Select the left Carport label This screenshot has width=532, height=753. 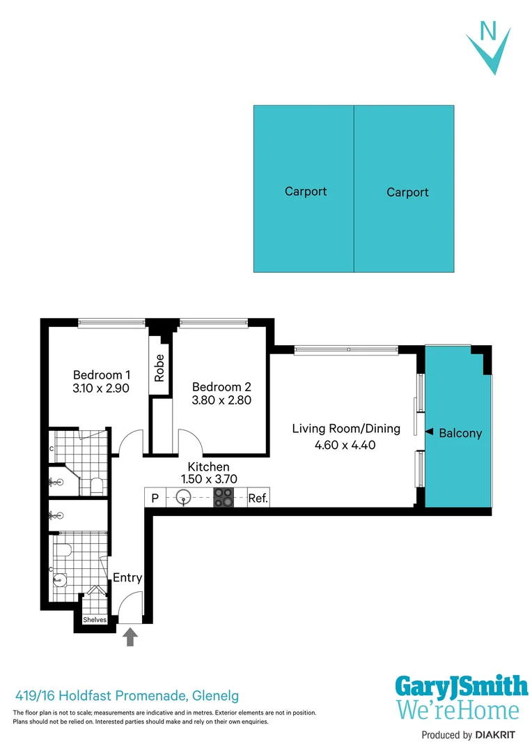click(x=306, y=191)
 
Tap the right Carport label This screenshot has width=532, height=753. click(x=407, y=192)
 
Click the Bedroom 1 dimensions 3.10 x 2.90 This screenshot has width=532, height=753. click(x=102, y=388)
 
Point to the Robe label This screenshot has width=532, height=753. click(x=160, y=367)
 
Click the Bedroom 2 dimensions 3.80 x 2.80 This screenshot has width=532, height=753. click(x=221, y=400)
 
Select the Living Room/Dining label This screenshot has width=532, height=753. click(x=346, y=428)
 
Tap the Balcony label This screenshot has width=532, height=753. click(x=460, y=433)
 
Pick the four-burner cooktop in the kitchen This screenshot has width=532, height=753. click(x=224, y=498)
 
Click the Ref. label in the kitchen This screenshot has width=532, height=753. click(x=258, y=499)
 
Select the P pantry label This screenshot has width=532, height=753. click(x=155, y=499)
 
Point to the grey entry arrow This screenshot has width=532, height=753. click(x=130, y=637)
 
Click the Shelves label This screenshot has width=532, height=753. click(x=95, y=620)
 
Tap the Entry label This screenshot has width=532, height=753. click(x=127, y=577)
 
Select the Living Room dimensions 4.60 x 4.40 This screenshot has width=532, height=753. click(x=344, y=444)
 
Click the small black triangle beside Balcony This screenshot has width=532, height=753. click(x=430, y=432)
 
